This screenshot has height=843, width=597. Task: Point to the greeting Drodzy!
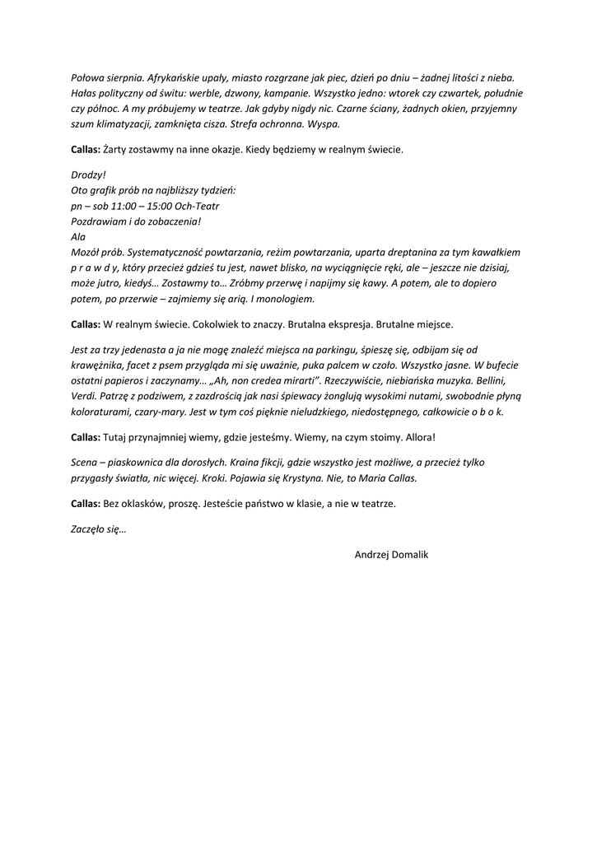pyautogui.click(x=89, y=175)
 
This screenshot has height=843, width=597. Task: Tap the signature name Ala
pyautogui.click(x=78, y=236)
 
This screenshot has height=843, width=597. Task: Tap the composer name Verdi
pyautogui.click(x=85, y=395)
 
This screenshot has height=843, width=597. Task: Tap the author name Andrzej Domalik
pyautogui.click(x=391, y=555)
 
